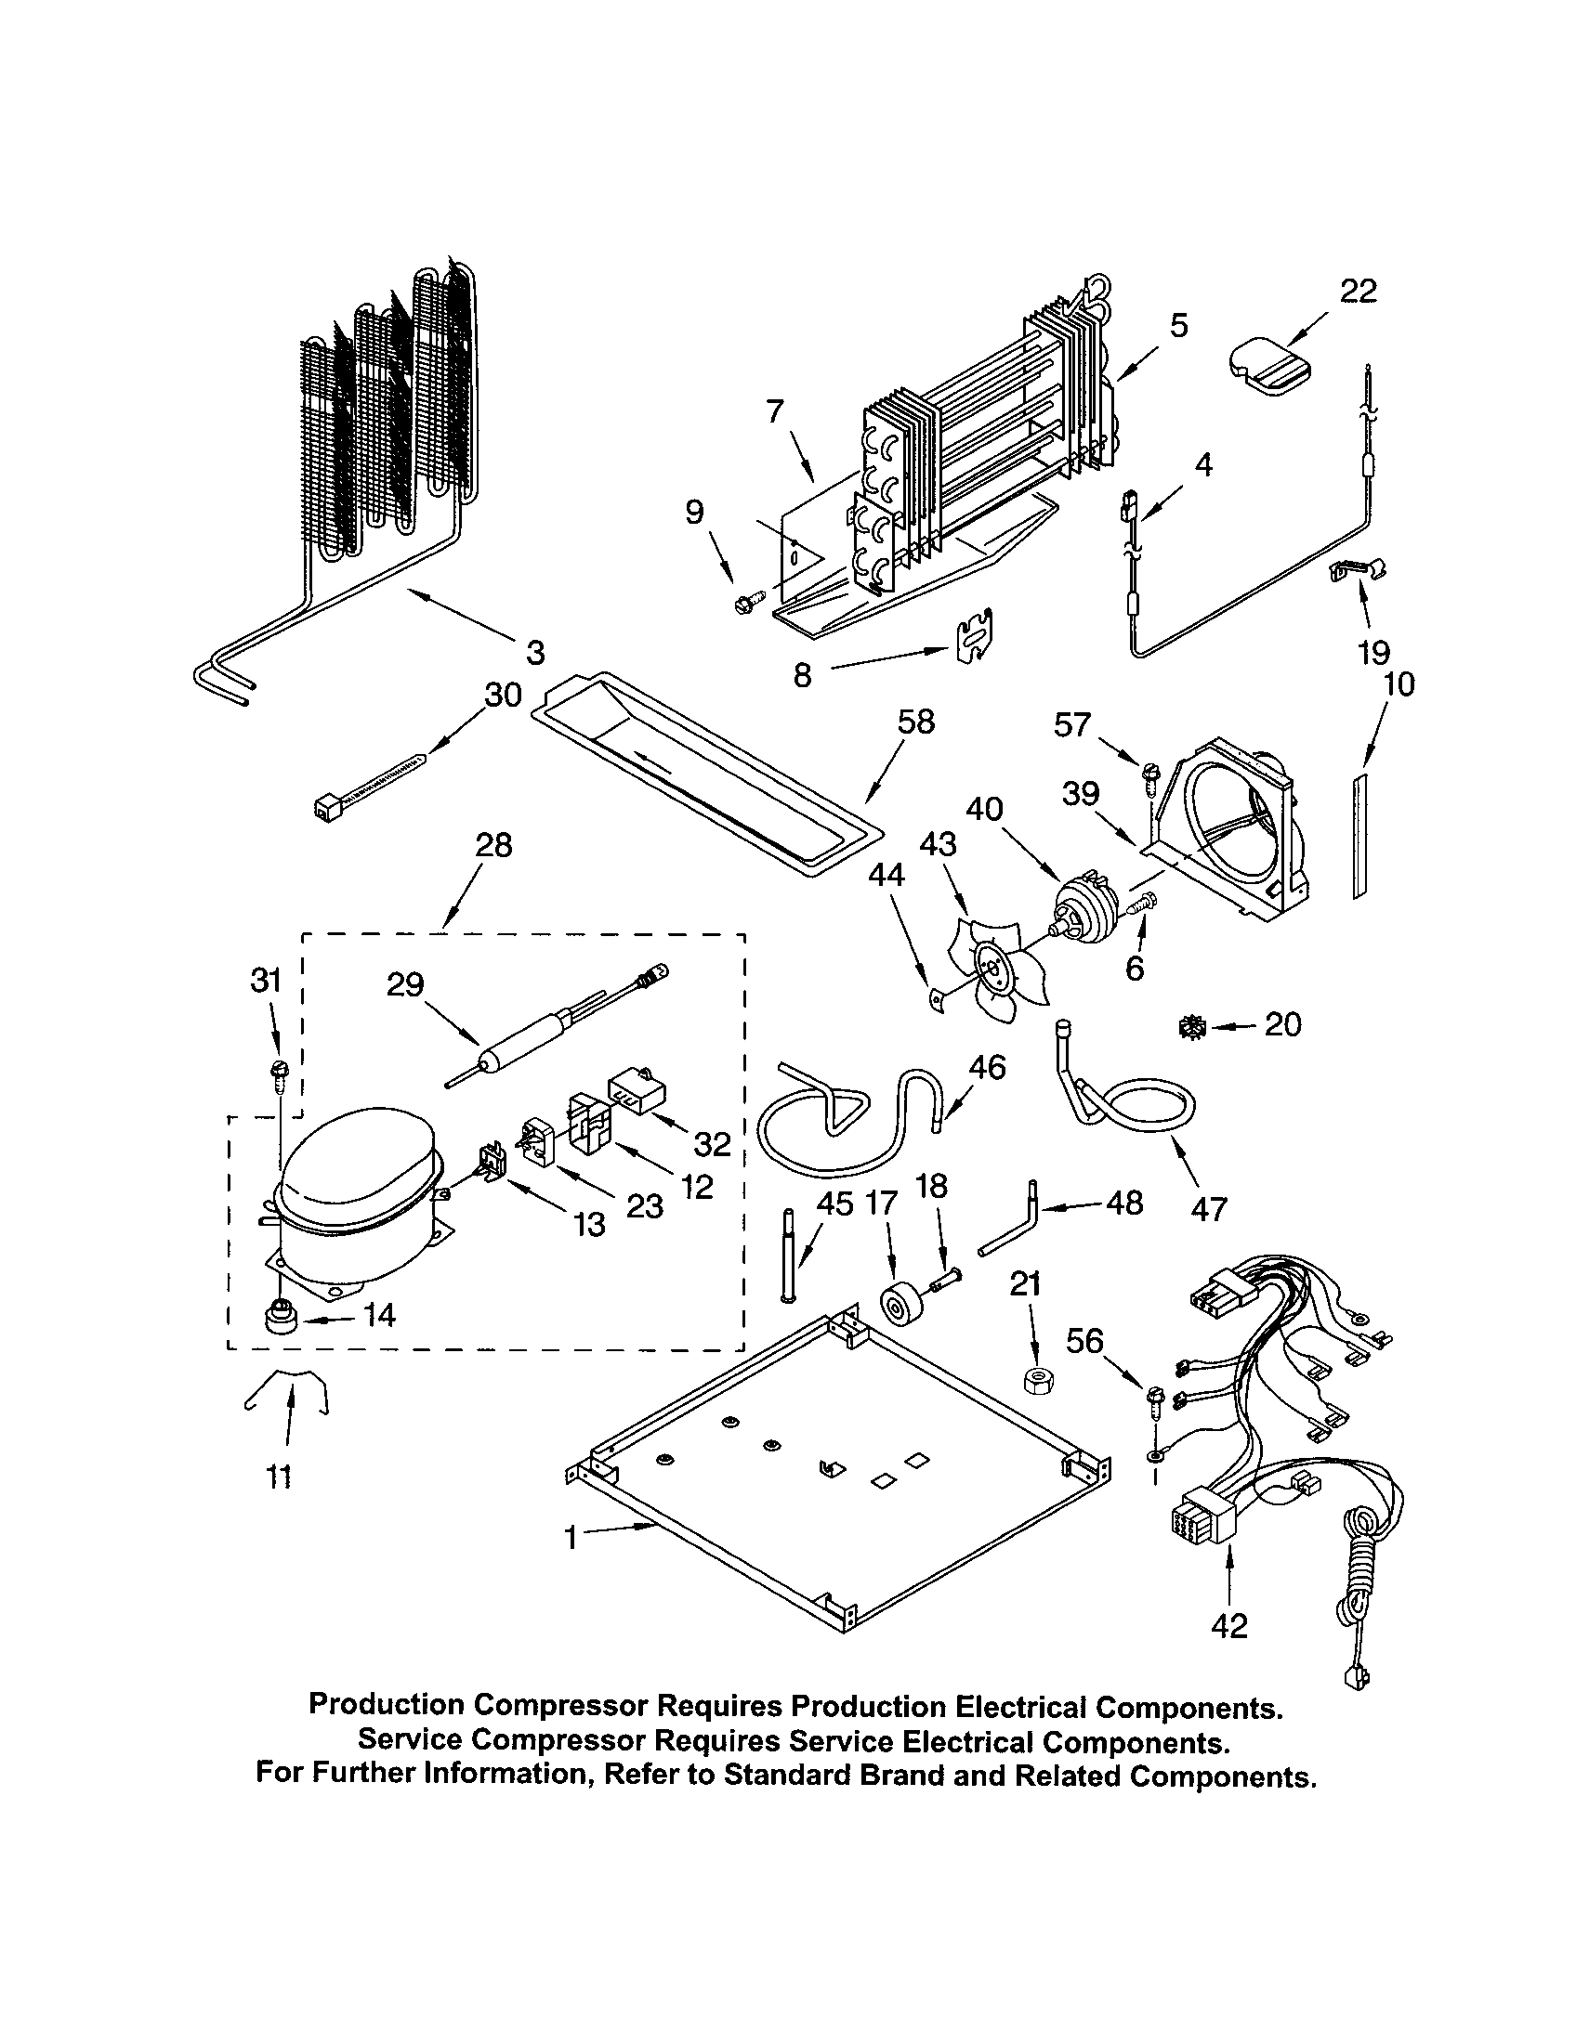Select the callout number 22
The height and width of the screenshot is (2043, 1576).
[x=1358, y=292]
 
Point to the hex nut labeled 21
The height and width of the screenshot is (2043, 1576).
[x=1034, y=1380]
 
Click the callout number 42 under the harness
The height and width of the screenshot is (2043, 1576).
[x=1228, y=1626]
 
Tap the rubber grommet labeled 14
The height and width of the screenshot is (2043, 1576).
[x=279, y=1320]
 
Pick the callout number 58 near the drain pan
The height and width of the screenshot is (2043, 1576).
[x=915, y=722]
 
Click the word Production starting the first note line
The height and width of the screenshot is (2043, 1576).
[x=386, y=1705]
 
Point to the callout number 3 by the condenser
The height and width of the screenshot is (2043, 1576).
[x=534, y=652]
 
